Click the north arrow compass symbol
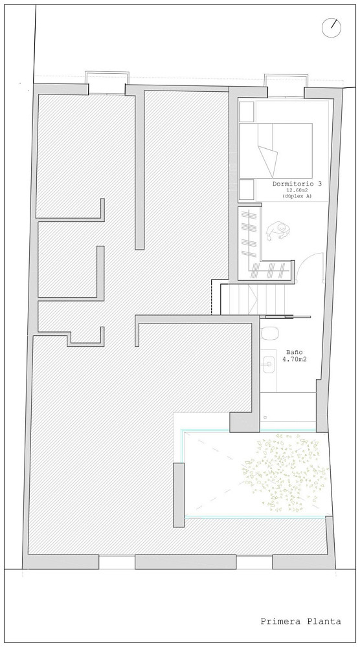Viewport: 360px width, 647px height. (332, 28)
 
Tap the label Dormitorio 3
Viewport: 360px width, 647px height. (297, 184)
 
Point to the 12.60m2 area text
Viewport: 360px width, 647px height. (298, 191)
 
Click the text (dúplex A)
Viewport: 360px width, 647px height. (297, 197)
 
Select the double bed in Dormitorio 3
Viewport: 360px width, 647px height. (275, 151)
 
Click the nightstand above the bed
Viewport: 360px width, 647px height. (247, 112)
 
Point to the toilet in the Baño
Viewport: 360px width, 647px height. (269, 333)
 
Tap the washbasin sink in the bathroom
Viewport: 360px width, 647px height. (269, 364)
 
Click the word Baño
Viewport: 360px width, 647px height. (295, 353)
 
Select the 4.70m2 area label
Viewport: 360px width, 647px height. (295, 359)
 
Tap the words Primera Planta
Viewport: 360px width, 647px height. (301, 621)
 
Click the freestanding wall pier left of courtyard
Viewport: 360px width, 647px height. (178, 495)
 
